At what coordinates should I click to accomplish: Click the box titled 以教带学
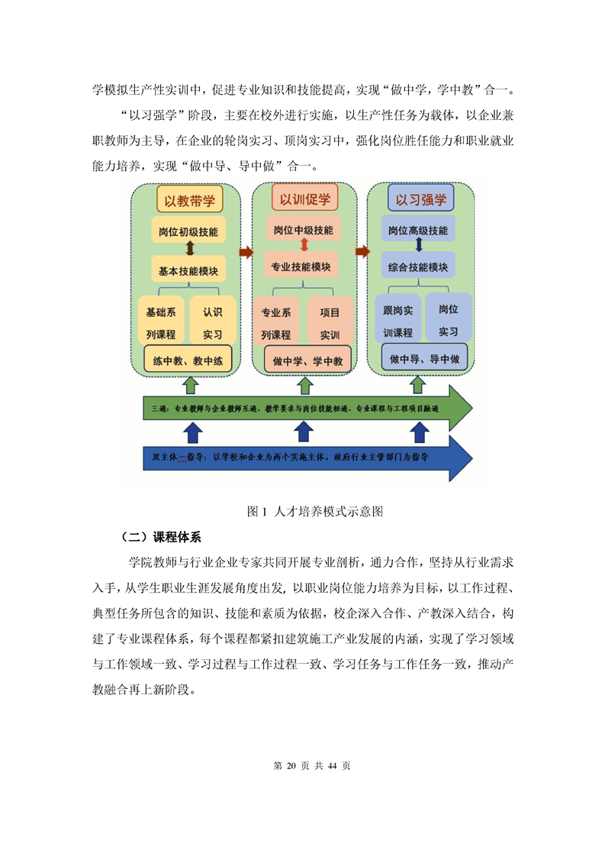point(189,200)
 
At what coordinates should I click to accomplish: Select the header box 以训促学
point(304,199)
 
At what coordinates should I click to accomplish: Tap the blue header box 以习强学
point(420,199)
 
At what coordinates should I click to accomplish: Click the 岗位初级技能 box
point(188,231)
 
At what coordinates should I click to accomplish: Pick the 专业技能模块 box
point(301,267)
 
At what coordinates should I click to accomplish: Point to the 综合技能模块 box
point(418,267)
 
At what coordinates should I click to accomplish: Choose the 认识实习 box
point(212,322)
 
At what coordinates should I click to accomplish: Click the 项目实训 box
point(330,323)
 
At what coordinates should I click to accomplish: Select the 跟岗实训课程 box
point(397,321)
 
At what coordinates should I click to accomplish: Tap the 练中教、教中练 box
point(188,361)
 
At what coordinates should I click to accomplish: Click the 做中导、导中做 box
point(424,358)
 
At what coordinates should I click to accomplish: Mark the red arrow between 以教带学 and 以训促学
point(246,252)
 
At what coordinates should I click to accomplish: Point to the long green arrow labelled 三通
point(307,408)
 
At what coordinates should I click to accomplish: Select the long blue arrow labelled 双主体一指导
point(307,458)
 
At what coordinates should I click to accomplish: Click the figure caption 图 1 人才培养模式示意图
point(315,512)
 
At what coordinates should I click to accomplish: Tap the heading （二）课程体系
point(160,537)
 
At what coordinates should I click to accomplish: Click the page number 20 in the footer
point(291,766)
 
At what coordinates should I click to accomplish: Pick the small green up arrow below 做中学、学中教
point(304,385)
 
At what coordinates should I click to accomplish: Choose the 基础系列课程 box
point(161,322)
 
